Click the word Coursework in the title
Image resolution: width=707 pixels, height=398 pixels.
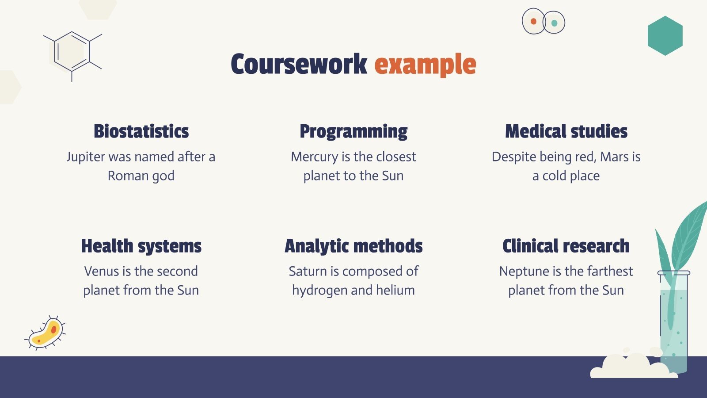(x=299, y=65)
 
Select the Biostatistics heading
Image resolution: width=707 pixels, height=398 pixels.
(x=141, y=131)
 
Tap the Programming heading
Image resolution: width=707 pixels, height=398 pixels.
(x=353, y=131)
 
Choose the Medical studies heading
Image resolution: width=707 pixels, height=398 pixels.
(x=566, y=131)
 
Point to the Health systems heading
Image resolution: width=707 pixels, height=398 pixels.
(x=141, y=246)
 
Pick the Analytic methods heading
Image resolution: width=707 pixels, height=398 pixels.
(x=353, y=246)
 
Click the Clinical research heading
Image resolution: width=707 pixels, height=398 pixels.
(x=566, y=246)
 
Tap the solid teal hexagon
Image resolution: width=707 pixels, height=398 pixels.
(x=665, y=36)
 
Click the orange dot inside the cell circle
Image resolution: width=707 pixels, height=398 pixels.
(x=533, y=21)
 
